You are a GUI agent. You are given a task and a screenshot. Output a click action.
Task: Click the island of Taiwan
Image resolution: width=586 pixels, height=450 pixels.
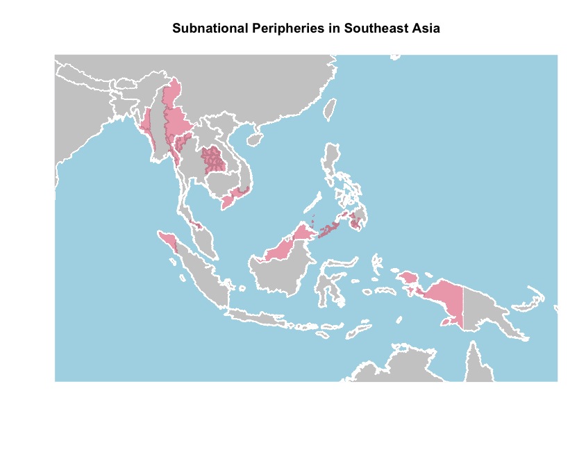331,108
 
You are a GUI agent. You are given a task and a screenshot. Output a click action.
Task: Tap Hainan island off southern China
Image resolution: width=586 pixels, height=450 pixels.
255,140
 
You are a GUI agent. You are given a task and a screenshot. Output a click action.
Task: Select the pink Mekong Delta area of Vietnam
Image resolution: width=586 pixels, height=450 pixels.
228,202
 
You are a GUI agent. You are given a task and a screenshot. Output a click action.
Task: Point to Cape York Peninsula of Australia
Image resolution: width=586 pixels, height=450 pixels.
476,361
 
